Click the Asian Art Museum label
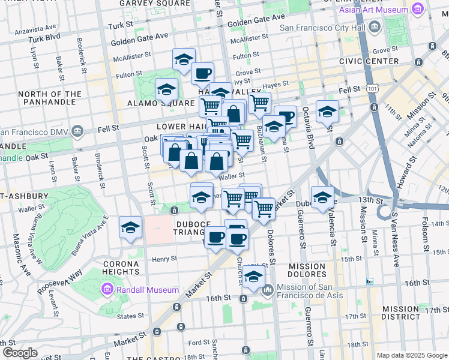pos(372,10)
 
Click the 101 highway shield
pos(374,89)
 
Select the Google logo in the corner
pos(19,353)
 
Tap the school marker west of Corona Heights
pos(130,229)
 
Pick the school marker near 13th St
pos(322,197)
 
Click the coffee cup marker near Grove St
pos(202,74)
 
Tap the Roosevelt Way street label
pos(66,279)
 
